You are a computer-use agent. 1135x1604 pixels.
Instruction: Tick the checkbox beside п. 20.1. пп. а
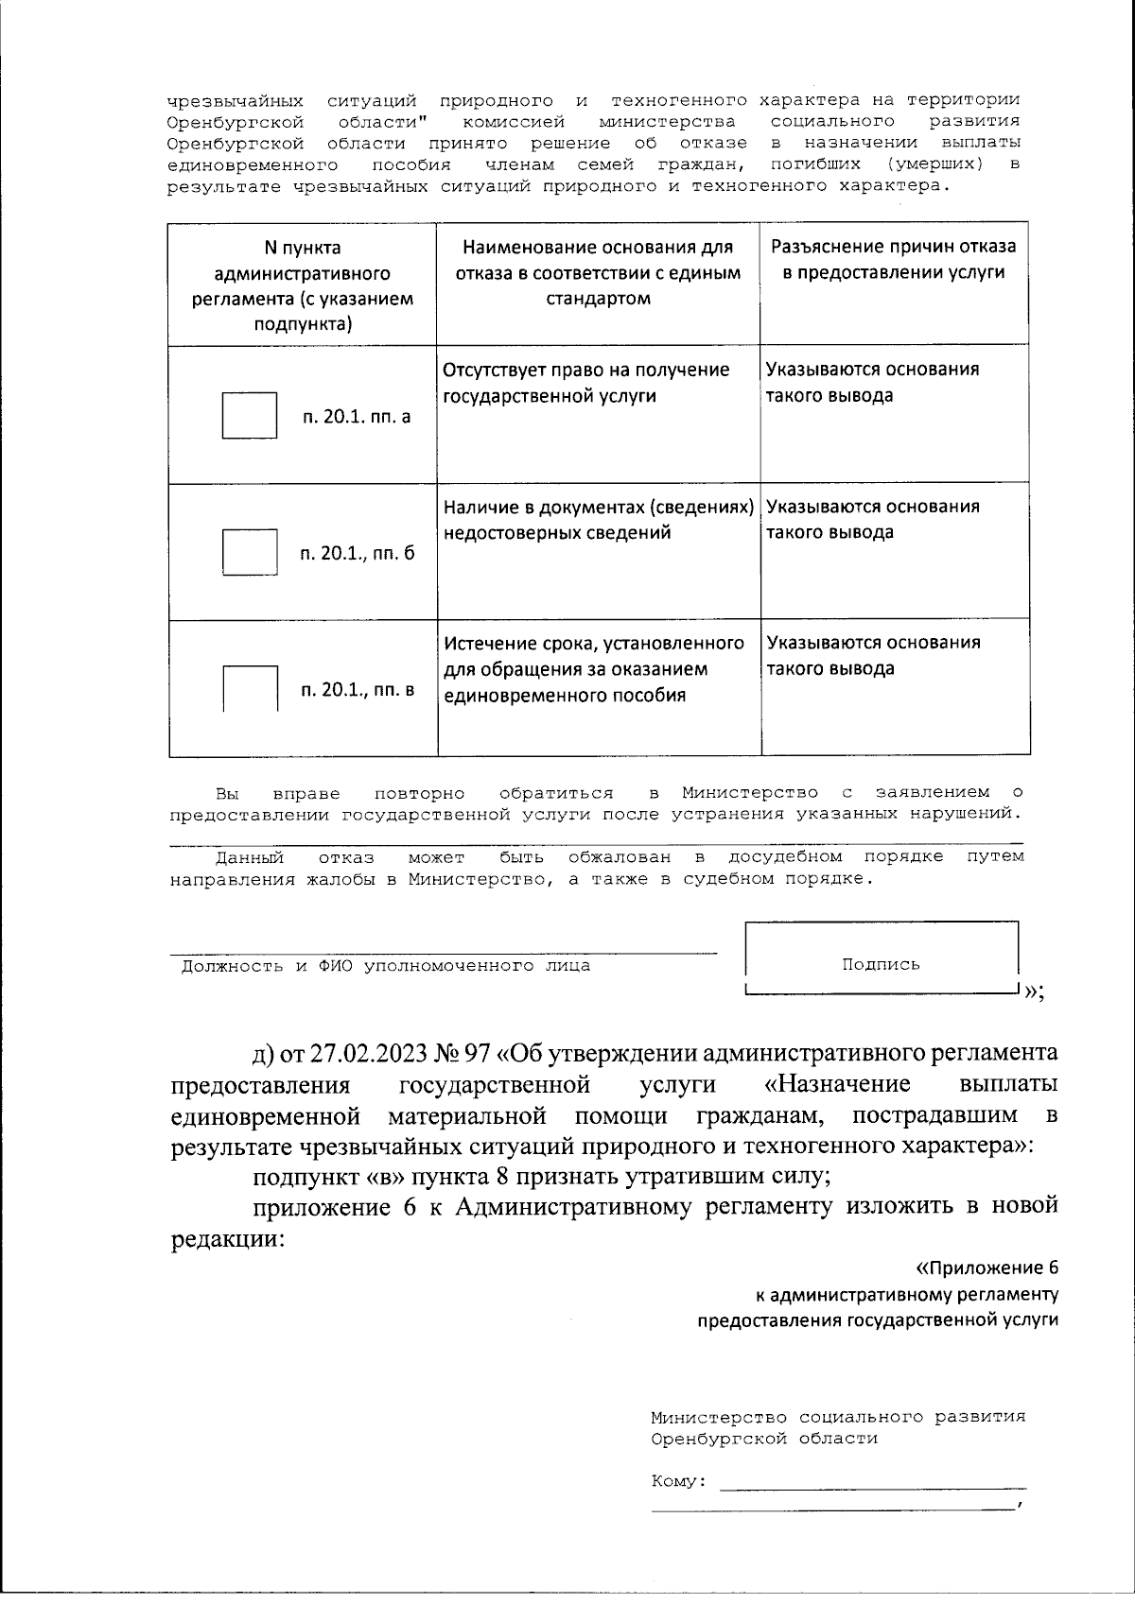[249, 415]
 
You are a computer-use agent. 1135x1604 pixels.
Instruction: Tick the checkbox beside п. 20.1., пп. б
[249, 552]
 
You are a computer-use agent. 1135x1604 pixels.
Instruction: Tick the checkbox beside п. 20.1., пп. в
[250, 688]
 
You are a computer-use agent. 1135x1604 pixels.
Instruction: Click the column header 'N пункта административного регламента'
[303, 285]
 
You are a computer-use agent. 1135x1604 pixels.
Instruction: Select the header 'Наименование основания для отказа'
[598, 272]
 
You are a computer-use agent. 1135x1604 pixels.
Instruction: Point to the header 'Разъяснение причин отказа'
[894, 259]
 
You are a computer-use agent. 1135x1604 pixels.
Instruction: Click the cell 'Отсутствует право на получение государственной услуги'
[586, 382]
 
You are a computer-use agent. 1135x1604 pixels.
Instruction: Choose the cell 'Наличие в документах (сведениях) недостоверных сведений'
[598, 519]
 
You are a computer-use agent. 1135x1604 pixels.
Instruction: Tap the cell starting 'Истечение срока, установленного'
[594, 668]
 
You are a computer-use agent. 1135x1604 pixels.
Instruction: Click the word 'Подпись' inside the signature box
[881, 964]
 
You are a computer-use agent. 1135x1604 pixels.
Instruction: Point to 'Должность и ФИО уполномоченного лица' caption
[386, 965]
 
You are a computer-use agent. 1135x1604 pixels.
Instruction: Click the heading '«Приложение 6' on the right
[987, 1268]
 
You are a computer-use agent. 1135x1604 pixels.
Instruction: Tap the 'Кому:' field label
[678, 1480]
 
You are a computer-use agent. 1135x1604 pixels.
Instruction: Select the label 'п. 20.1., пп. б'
[358, 553]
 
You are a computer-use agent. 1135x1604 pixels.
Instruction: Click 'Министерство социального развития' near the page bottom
[837, 1417]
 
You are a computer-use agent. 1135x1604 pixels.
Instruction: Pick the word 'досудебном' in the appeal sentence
[785, 856]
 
